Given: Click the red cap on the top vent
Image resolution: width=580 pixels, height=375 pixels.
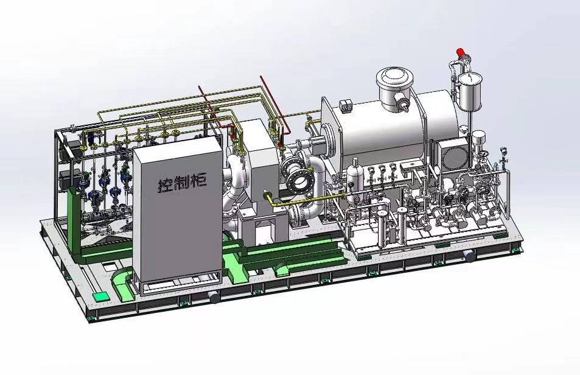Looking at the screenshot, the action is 461,52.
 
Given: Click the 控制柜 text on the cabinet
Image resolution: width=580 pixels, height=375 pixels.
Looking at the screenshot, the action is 183,183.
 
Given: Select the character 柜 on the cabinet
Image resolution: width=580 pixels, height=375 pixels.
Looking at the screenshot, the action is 200,181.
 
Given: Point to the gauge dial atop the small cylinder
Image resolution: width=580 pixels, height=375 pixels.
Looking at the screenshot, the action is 470,79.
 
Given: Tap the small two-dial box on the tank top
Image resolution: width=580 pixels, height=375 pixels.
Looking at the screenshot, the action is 346,105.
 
